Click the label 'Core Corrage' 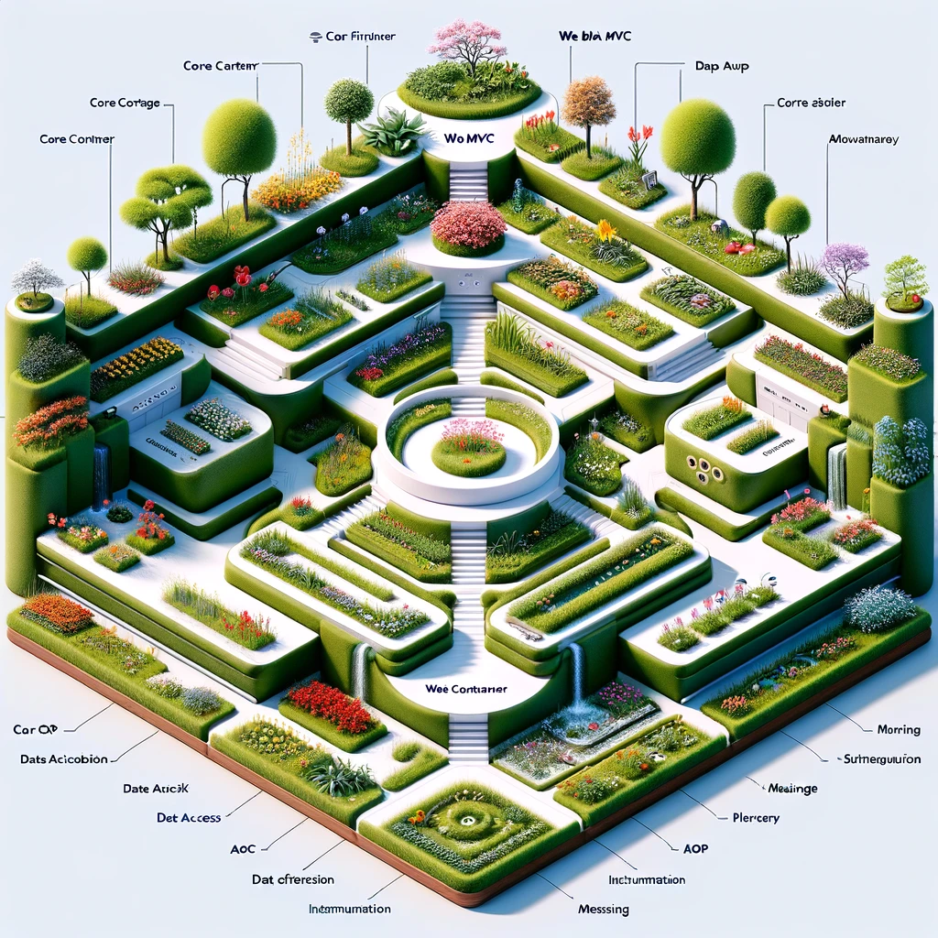[x=125, y=103]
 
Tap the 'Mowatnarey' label [x=863, y=140]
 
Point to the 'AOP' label [x=695, y=848]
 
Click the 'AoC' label [x=243, y=849]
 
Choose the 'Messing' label [x=604, y=910]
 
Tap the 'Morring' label [x=898, y=730]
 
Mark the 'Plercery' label [x=756, y=818]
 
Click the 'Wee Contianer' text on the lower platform [x=467, y=688]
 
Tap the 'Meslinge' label [x=792, y=789]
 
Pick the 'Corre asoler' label [x=812, y=103]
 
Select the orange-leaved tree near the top [x=588, y=103]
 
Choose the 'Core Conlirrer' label [x=77, y=139]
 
